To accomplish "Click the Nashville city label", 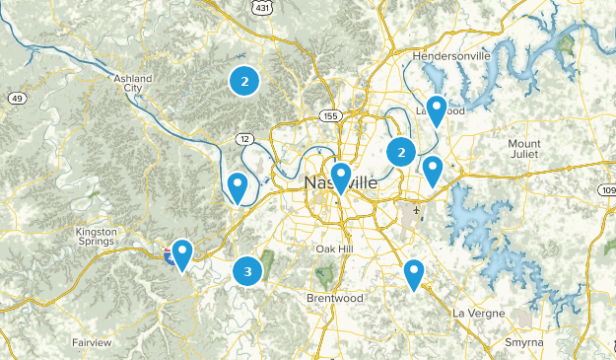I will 340,184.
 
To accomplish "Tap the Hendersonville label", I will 451,56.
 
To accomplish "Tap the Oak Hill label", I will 333,249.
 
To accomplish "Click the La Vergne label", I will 478,313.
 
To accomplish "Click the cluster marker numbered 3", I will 247,271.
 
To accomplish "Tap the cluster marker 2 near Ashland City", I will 243,81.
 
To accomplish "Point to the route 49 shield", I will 17,98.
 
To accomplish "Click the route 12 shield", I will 241,137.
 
